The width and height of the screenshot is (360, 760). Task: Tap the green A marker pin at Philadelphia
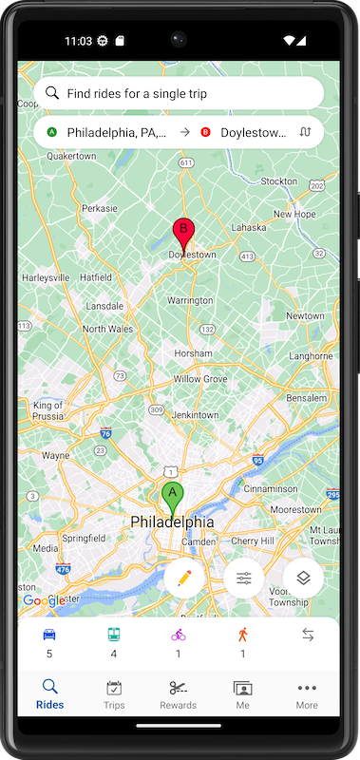pos(172,496)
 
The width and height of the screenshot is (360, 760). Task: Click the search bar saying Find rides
pos(179,94)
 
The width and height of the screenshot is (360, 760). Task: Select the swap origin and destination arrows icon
pos(306,133)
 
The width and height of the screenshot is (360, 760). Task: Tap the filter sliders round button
pos(244,578)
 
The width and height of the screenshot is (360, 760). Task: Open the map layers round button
pos(303,578)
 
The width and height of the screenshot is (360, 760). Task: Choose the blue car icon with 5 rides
pos(49,635)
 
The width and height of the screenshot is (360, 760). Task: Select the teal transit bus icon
pos(113,635)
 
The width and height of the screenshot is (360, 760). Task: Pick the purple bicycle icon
pos(179,635)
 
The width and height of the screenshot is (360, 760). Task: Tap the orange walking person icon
pos(242,635)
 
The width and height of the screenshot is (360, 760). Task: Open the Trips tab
pos(114,695)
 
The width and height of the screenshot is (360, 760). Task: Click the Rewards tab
pos(179,695)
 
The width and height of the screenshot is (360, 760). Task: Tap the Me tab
pos(242,695)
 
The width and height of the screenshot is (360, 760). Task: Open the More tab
pos(306,695)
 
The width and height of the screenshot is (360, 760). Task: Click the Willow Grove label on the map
pos(200,378)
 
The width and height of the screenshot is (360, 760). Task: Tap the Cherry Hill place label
pos(253,541)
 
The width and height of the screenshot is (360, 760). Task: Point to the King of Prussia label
pos(47,410)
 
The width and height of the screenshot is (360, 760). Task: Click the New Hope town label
pos(294,214)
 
